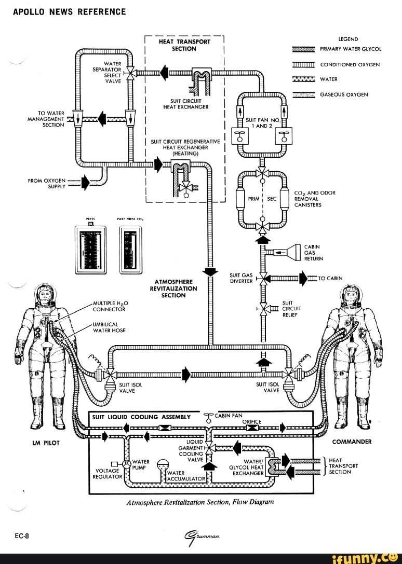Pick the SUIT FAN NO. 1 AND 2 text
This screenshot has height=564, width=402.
263,122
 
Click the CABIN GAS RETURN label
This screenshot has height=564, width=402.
313,252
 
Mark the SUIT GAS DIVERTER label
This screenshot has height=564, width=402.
241,278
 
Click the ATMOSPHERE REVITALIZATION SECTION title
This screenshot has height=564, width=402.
173,288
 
